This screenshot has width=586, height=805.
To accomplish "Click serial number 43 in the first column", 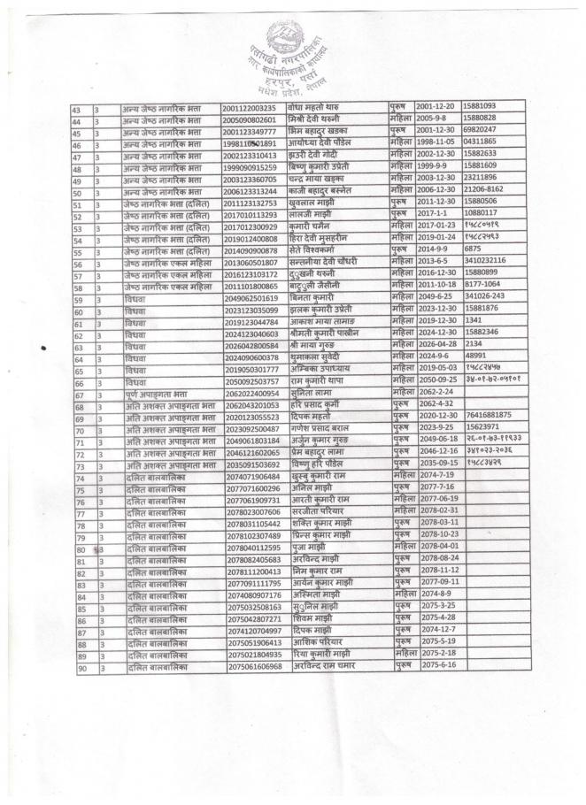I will click(x=78, y=107).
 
